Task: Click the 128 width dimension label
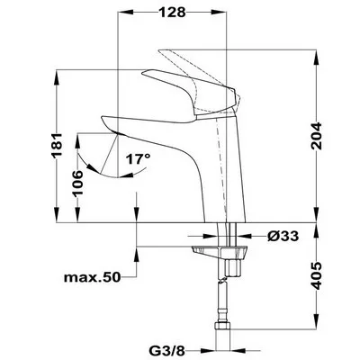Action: pos(172,13)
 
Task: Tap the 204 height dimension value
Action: pos(316,136)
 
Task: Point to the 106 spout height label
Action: pos(77,183)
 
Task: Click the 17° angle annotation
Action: pos(138,159)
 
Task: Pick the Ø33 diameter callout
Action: pos(283,236)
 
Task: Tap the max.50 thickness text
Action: pos(92,277)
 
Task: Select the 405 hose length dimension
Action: pos(316,276)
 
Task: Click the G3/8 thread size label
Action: pos(166,350)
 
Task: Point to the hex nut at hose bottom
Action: pos(222,327)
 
